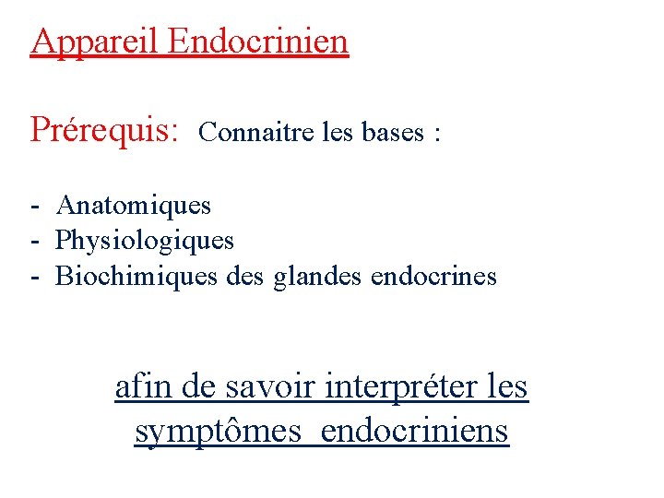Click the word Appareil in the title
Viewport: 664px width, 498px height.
coord(96,41)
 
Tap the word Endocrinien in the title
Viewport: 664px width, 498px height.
coord(259,41)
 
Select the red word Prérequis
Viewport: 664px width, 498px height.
coord(104,130)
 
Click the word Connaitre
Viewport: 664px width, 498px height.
coord(244,133)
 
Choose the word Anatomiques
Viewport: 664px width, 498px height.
coord(134,205)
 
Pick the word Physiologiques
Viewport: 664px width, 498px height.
coord(146,241)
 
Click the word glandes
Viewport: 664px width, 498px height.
coord(318,276)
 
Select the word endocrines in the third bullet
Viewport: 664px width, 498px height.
coord(433,276)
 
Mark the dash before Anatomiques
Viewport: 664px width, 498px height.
coord(33,206)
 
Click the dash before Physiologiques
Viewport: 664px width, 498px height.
coord(33,242)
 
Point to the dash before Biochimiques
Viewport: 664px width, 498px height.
coord(33,277)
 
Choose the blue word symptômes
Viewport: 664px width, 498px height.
coord(218,431)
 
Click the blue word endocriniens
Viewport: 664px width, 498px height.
coord(416,431)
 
